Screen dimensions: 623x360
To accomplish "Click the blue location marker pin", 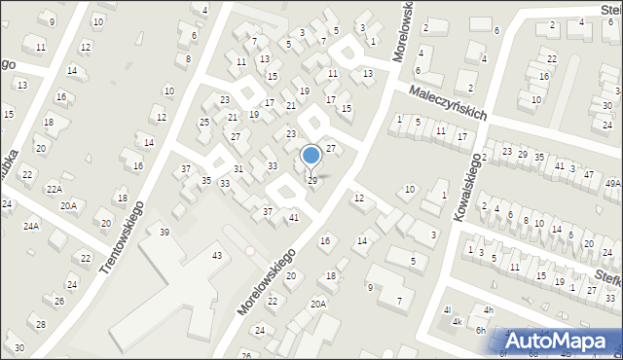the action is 311,156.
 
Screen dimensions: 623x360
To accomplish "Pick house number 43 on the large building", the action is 216,255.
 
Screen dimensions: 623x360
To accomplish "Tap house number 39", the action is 165,232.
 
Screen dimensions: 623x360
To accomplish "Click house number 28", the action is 40,324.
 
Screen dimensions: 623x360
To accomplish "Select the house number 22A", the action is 55,190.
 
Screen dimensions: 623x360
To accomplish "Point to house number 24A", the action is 31,226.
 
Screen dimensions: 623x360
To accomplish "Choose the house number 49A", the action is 612,183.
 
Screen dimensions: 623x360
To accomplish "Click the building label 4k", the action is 457,321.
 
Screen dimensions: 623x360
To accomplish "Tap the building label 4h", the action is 489,310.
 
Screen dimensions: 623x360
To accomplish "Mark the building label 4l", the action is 447,310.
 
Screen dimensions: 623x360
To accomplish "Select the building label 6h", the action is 480,331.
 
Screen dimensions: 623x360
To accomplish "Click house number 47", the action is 588,173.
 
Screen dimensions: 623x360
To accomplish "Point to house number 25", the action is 203,122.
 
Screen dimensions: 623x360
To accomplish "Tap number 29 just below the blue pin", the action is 311,181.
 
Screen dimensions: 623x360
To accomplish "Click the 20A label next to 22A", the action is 68,205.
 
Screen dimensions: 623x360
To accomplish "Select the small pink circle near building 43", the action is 249,251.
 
